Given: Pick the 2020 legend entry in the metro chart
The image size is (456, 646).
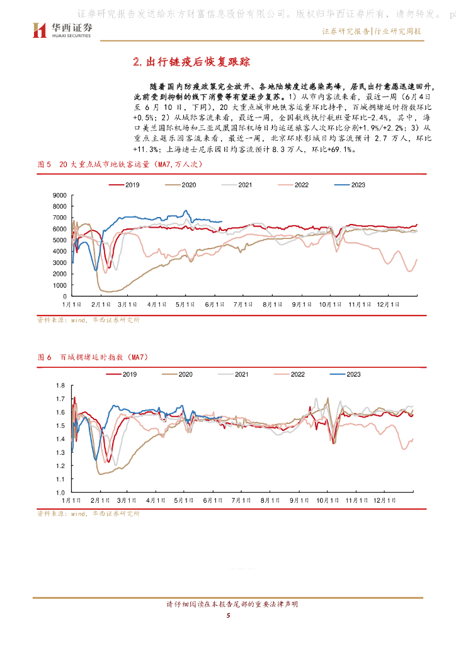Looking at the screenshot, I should [x=181, y=185].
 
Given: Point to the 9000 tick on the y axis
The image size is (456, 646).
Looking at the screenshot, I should [x=59, y=194].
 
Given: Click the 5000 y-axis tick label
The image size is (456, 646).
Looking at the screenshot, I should [x=59, y=240].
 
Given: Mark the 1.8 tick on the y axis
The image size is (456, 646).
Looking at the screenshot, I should [x=61, y=385].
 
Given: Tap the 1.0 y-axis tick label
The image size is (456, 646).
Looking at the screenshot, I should [x=61, y=493].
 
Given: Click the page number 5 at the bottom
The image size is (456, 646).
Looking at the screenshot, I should [x=228, y=616].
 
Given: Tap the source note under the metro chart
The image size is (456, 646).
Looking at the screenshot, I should [x=88, y=320].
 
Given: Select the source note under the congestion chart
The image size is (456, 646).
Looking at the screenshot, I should [x=88, y=514].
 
